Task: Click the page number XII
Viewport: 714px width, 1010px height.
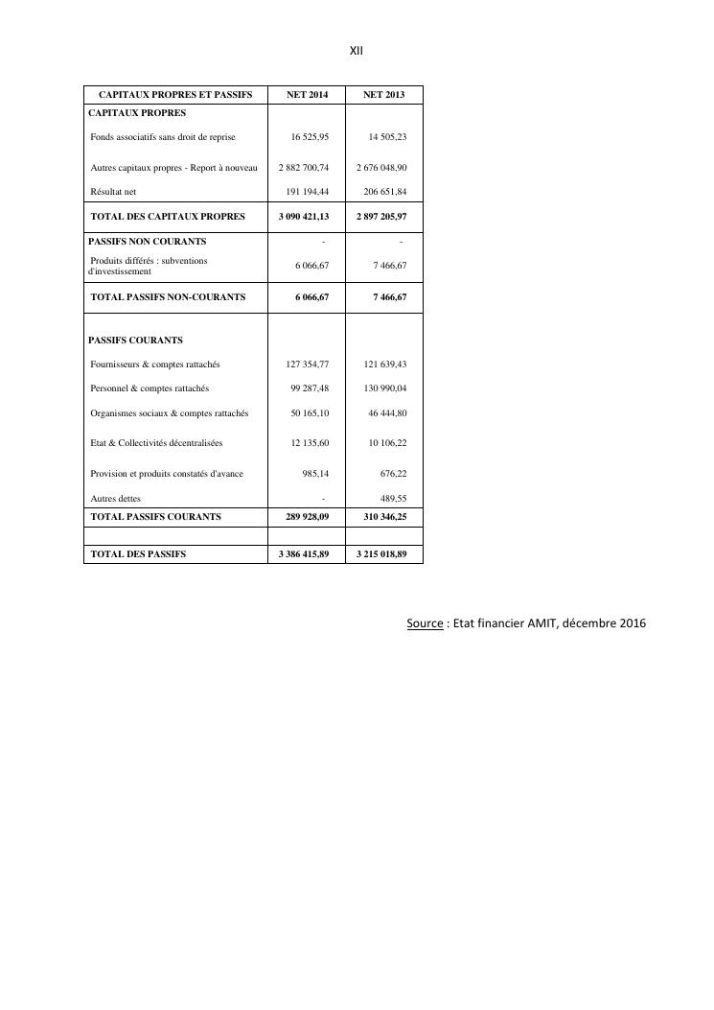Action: click(x=357, y=50)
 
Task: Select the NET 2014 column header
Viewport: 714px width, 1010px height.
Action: click(x=307, y=95)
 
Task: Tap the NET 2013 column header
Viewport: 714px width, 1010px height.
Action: click(x=383, y=95)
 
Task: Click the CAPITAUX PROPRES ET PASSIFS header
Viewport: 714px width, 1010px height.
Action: click(x=175, y=95)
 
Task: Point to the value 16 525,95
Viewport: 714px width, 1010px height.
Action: click(x=310, y=137)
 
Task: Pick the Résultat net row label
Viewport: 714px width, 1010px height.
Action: click(x=113, y=192)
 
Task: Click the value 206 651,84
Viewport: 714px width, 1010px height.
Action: click(x=387, y=192)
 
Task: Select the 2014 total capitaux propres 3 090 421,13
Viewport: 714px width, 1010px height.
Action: click(x=304, y=217)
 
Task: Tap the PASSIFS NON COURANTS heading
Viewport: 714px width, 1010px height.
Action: click(x=147, y=242)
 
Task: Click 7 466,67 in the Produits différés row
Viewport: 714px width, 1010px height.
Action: click(x=390, y=265)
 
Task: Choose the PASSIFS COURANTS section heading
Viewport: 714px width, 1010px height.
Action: click(x=135, y=341)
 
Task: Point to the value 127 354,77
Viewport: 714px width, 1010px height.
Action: click(x=308, y=364)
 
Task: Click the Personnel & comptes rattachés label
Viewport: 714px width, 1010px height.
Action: click(x=150, y=388)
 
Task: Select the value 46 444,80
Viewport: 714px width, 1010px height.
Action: click(x=387, y=413)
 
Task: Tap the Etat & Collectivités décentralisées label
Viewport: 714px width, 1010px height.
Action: click(x=156, y=443)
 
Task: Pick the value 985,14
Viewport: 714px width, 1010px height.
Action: click(x=315, y=474)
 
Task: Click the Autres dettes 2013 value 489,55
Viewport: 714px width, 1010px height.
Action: click(x=393, y=499)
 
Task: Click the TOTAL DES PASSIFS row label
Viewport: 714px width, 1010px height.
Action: click(x=138, y=554)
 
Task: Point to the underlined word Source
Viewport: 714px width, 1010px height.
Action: click(x=425, y=623)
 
